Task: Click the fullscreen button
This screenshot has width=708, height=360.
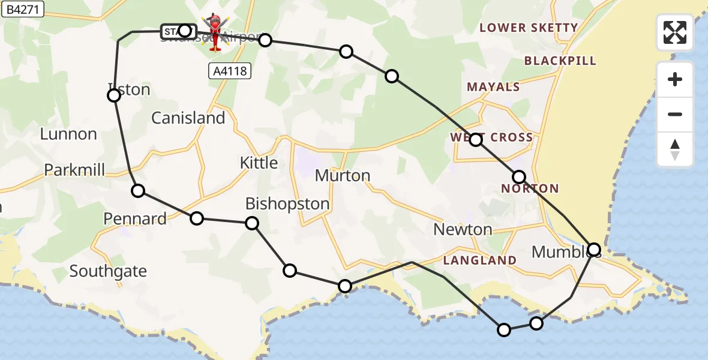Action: pyautogui.click(x=675, y=32)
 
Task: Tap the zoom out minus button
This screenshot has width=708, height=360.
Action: pyautogui.click(x=675, y=115)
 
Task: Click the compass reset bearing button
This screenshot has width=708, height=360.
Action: pyautogui.click(x=675, y=149)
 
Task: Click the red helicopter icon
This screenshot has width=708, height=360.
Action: pyautogui.click(x=215, y=33)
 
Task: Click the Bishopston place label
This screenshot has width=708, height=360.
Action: pyautogui.click(x=287, y=204)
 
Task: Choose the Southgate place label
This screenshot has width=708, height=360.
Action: pyautogui.click(x=108, y=271)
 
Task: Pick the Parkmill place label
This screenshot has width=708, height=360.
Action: pyautogui.click(x=74, y=170)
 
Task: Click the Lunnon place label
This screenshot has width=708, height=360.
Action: pyautogui.click(x=68, y=134)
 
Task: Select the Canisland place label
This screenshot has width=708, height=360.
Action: pyautogui.click(x=188, y=118)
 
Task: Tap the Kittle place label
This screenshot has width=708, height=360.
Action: pyautogui.click(x=259, y=163)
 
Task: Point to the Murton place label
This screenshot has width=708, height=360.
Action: pyautogui.click(x=343, y=176)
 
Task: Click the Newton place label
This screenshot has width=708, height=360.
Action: pyautogui.click(x=463, y=229)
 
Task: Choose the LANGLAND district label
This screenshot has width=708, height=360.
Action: pyautogui.click(x=480, y=260)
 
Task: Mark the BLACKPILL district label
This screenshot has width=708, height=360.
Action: pyautogui.click(x=560, y=61)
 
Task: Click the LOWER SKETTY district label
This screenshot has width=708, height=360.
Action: pyautogui.click(x=528, y=28)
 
